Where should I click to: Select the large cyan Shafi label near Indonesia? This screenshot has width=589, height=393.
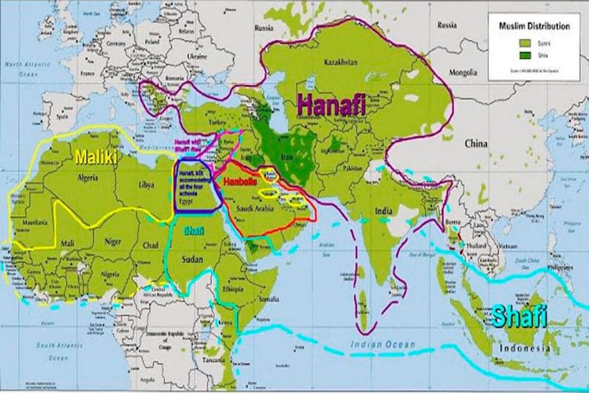tap(520, 315)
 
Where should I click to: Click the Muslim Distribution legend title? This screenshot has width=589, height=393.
tap(534, 26)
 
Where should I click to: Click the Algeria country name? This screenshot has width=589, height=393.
tap(89, 177)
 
